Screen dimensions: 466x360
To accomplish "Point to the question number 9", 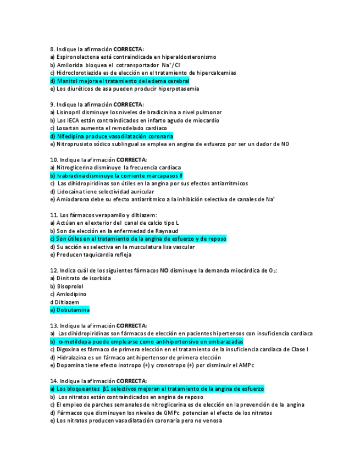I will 52,104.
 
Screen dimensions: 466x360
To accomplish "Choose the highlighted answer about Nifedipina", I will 112,136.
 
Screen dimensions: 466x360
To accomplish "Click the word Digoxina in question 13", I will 69,349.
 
